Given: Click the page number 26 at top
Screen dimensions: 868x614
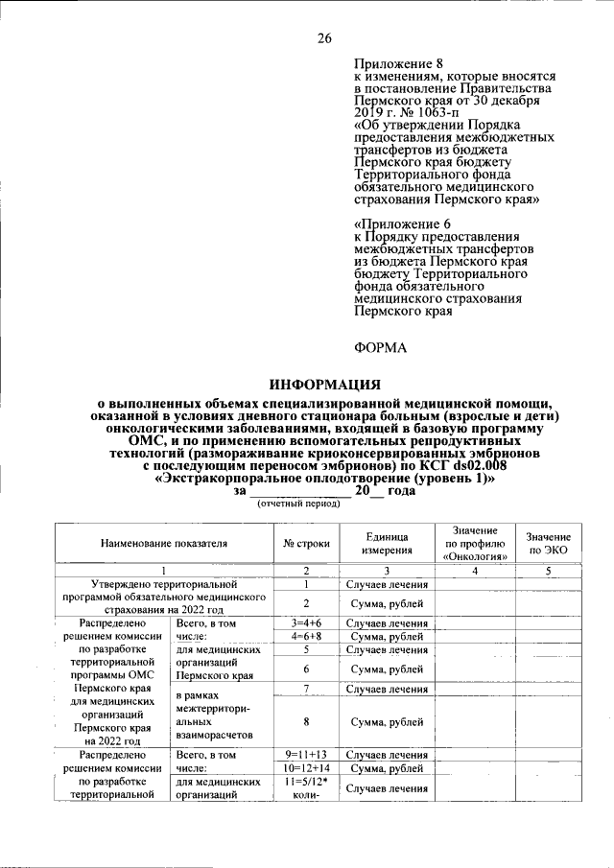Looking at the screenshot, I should [324, 38].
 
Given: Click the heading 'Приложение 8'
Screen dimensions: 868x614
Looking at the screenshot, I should [394, 62].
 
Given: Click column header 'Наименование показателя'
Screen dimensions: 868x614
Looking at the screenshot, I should [163, 543].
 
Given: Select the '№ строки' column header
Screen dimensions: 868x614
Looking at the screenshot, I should [305, 543].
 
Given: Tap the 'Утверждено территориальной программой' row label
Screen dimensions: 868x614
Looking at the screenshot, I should [163, 596].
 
